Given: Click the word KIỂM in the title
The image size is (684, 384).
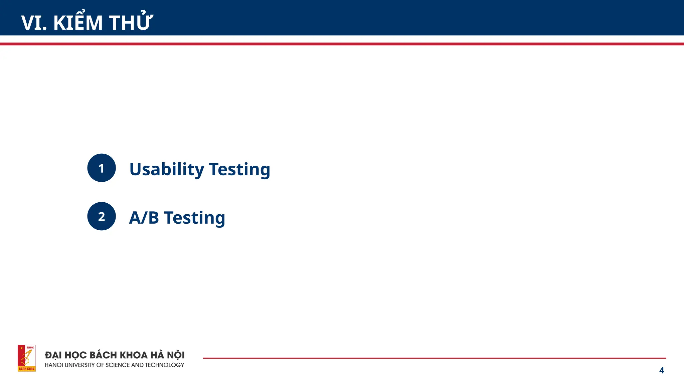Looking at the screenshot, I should [78, 23].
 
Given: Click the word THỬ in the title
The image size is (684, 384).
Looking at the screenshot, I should [131, 23].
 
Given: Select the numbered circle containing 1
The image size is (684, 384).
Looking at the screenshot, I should [102, 168].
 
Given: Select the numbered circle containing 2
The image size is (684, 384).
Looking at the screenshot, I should [102, 216].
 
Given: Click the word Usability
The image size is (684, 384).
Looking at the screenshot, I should [166, 169].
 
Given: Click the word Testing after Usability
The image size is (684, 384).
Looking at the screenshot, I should [239, 169].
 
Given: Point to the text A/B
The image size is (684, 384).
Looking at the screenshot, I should [144, 218].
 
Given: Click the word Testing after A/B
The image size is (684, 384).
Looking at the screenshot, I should [194, 218].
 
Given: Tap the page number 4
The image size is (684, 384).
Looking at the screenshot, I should [661, 370].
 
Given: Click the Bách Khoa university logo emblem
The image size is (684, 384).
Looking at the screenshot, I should [27, 358].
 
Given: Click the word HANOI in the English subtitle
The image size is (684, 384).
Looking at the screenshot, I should [54, 365].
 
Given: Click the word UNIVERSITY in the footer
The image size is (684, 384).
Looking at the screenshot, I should [79, 365].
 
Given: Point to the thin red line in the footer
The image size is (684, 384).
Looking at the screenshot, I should [434, 358].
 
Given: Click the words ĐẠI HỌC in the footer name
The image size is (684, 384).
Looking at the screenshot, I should [66, 355].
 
